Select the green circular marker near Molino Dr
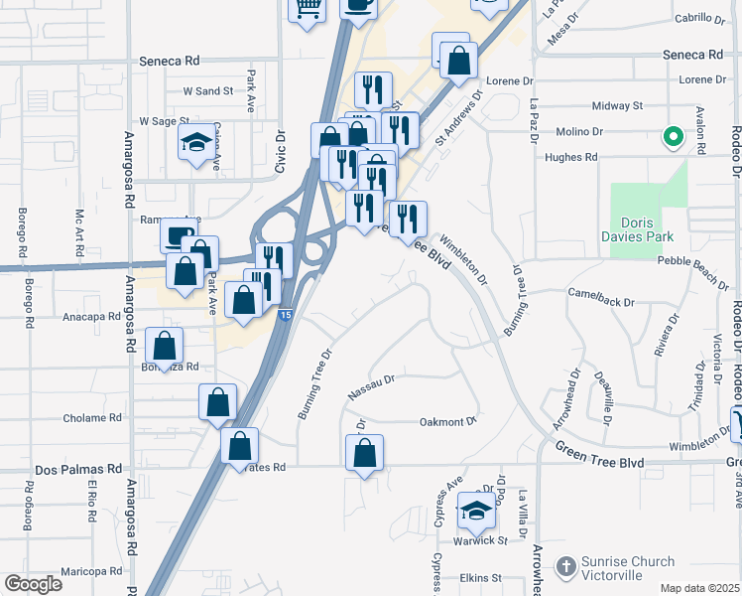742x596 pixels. click(x=673, y=138)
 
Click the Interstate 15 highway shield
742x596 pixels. click(x=285, y=315)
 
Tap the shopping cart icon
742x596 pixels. click(x=308, y=8)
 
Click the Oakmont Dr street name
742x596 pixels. click(x=448, y=421)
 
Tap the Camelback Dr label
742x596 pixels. click(x=600, y=293)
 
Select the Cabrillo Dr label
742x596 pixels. click(x=700, y=18)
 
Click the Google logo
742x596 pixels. click(x=33, y=583)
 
